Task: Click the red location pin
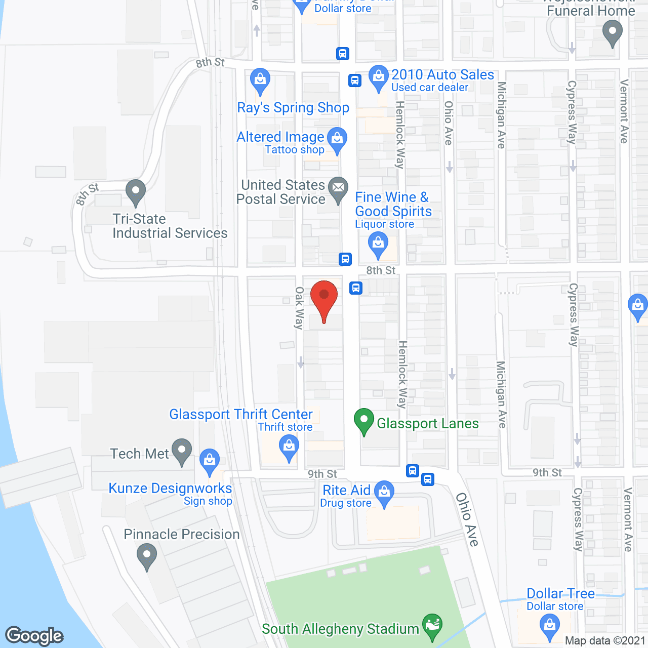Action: (x=324, y=296)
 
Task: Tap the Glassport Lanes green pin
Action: (x=363, y=421)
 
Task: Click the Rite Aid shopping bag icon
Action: (x=384, y=493)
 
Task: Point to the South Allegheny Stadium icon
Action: (x=432, y=626)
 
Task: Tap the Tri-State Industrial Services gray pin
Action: (x=135, y=192)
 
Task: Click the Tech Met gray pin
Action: (x=182, y=451)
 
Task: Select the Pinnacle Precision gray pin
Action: (x=147, y=555)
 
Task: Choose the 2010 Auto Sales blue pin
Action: (x=378, y=78)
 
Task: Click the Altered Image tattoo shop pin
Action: (x=337, y=139)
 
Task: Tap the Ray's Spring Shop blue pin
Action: (x=260, y=81)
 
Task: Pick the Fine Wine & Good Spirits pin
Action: (x=378, y=244)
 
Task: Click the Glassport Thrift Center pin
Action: (x=289, y=448)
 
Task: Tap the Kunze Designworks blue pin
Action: (x=210, y=461)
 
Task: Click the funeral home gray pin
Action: (x=613, y=32)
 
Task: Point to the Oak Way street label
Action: (x=299, y=308)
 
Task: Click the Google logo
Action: (x=34, y=636)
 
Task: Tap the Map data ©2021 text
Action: (x=605, y=641)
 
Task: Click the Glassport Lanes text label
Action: (x=428, y=423)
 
